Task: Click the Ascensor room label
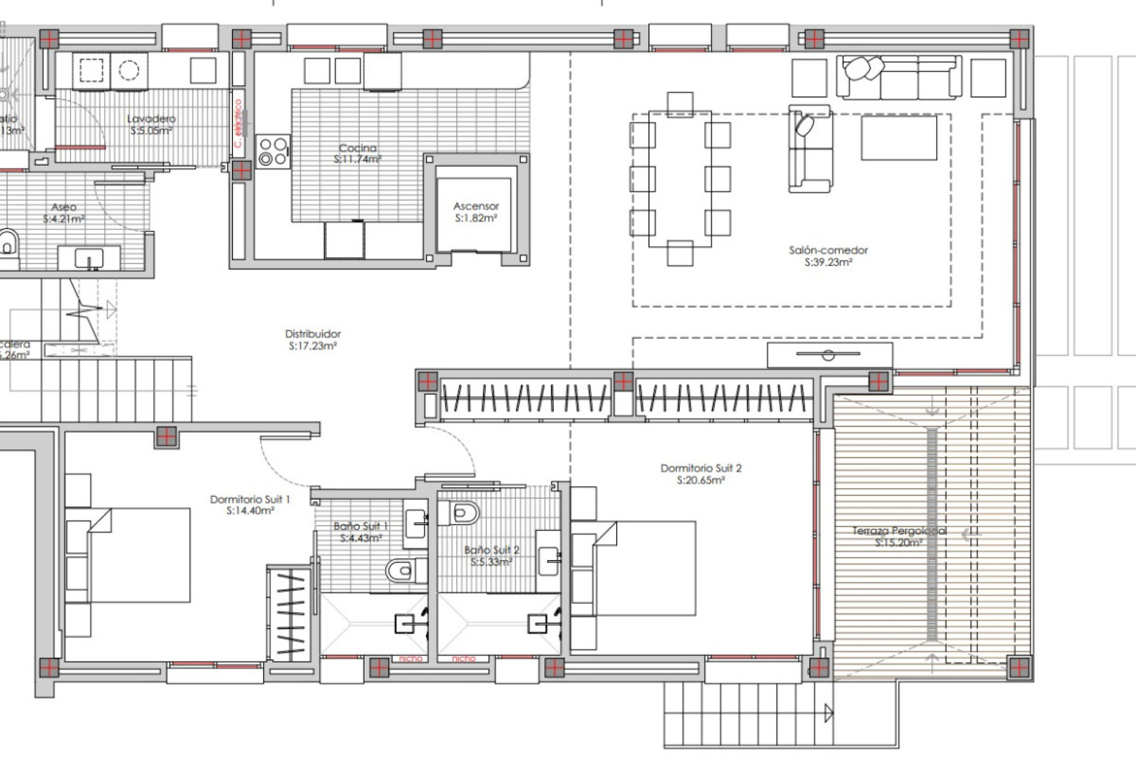point(476,206)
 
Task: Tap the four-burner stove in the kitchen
point(273,151)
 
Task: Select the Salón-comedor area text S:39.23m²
point(828,263)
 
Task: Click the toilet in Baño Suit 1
point(401,570)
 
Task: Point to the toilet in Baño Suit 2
point(464,513)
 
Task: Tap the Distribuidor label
point(313,334)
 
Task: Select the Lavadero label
point(151,119)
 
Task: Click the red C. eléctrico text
point(238,124)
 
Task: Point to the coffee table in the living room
point(899,138)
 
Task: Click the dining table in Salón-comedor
point(680,179)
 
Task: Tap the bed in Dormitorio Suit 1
point(139,555)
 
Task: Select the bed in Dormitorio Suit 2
point(645,568)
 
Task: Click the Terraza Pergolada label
point(899,531)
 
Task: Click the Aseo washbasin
point(89,258)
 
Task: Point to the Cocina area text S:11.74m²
point(357,160)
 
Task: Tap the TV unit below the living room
point(830,355)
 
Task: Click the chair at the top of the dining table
point(680,103)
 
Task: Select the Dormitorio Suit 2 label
point(701,468)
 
